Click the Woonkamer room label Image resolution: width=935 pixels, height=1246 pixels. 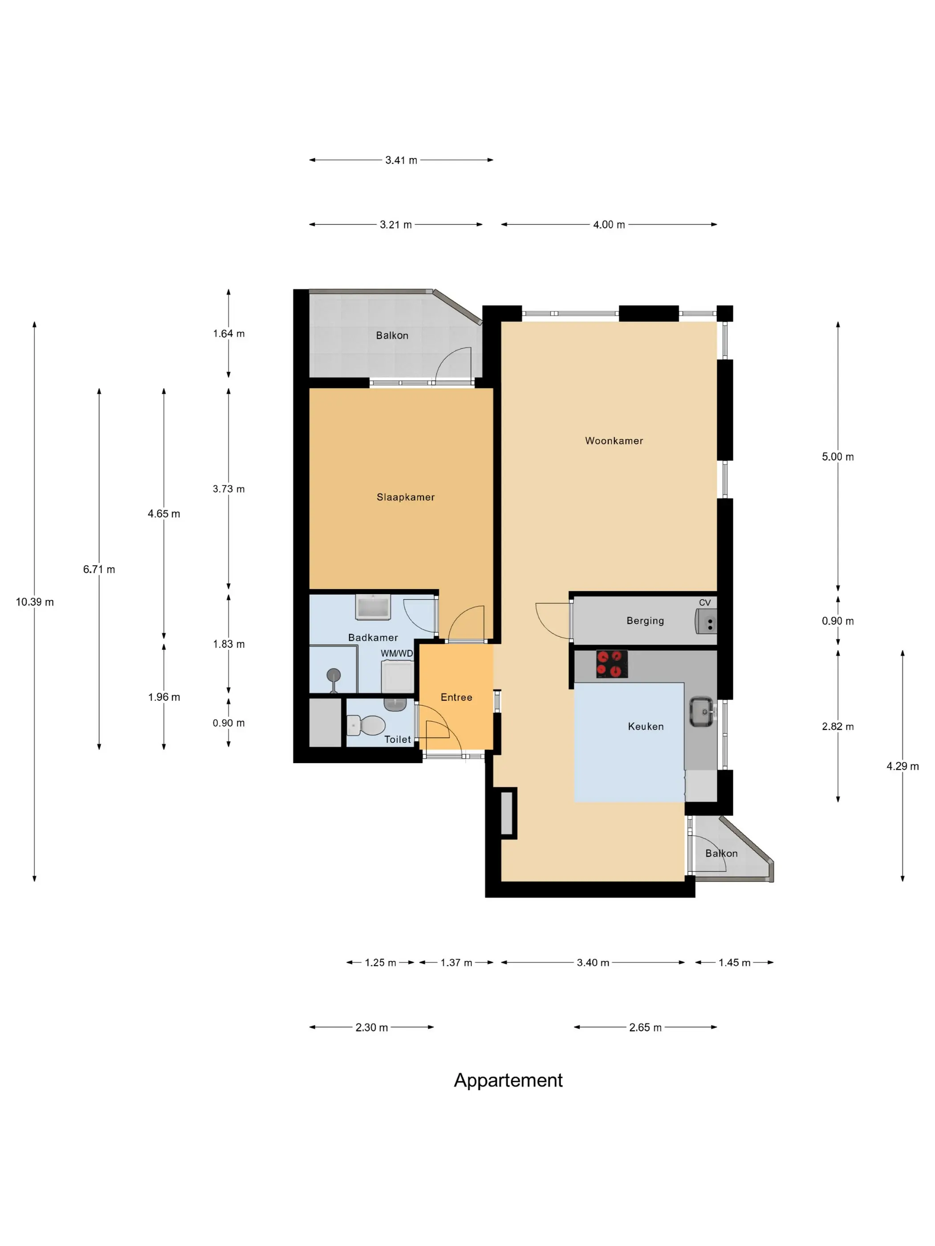coord(614,441)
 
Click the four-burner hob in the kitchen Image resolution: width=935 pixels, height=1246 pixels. coord(611,663)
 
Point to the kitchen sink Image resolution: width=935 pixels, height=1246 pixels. coord(702,712)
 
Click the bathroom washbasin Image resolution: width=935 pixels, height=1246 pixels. coord(373,607)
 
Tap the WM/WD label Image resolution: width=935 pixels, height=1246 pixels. coord(397,653)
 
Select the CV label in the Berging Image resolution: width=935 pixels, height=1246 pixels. coord(704,602)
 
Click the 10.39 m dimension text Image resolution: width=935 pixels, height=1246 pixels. coord(35,602)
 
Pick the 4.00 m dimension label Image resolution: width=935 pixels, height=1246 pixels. coord(609,224)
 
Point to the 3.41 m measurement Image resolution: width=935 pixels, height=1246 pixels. coord(401,160)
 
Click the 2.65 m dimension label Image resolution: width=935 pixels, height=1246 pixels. coord(645,1028)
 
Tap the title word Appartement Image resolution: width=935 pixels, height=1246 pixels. coord(508,1080)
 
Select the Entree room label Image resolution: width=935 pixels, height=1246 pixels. coord(456,697)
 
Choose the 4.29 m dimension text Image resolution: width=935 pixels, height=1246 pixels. coord(902,766)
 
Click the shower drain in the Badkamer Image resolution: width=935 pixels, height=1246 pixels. coord(333,674)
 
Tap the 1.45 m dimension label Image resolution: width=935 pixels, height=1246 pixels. coord(734,963)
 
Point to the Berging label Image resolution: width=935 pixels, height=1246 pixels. coord(645,620)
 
